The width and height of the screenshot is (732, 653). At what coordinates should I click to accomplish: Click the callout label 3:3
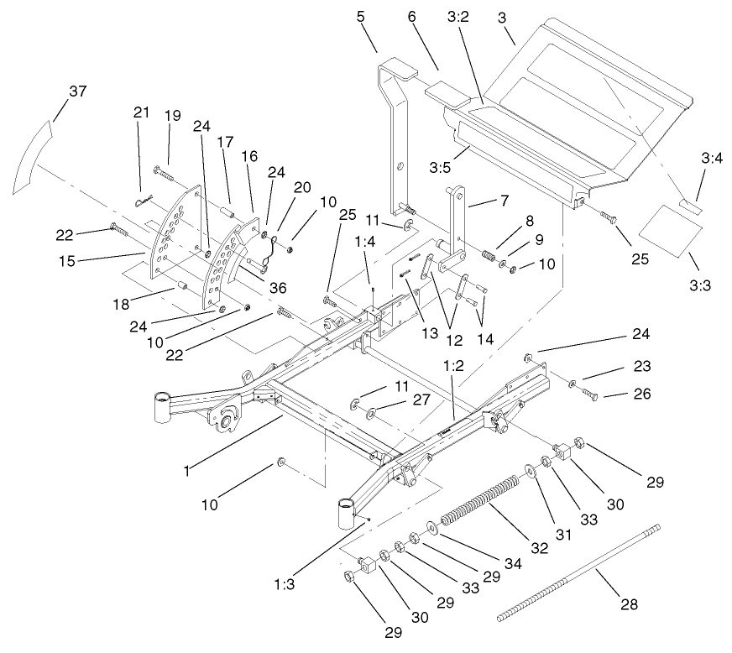pyautogui.click(x=699, y=285)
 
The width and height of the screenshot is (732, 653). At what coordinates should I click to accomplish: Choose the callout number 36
pyautogui.click(x=276, y=288)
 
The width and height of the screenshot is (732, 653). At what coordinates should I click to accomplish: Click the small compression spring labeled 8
pyautogui.click(x=488, y=252)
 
